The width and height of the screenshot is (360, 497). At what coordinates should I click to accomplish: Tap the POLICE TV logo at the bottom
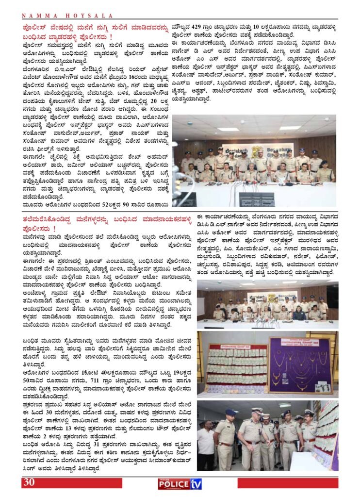tap(180, 483)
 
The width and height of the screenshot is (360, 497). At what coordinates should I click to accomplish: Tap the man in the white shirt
tap(206, 444)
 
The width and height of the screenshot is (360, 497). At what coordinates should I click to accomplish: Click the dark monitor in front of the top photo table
tap(257, 199)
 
